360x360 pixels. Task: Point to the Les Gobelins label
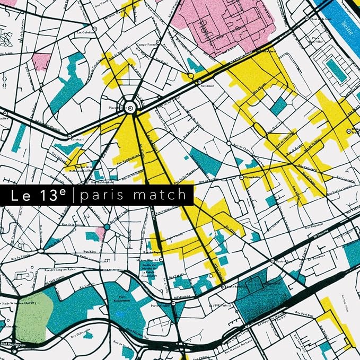click(87, 32)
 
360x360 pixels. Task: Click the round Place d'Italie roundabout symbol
click(130, 108)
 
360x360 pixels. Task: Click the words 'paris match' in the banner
click(133, 195)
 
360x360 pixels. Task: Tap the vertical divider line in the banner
click(75, 195)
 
